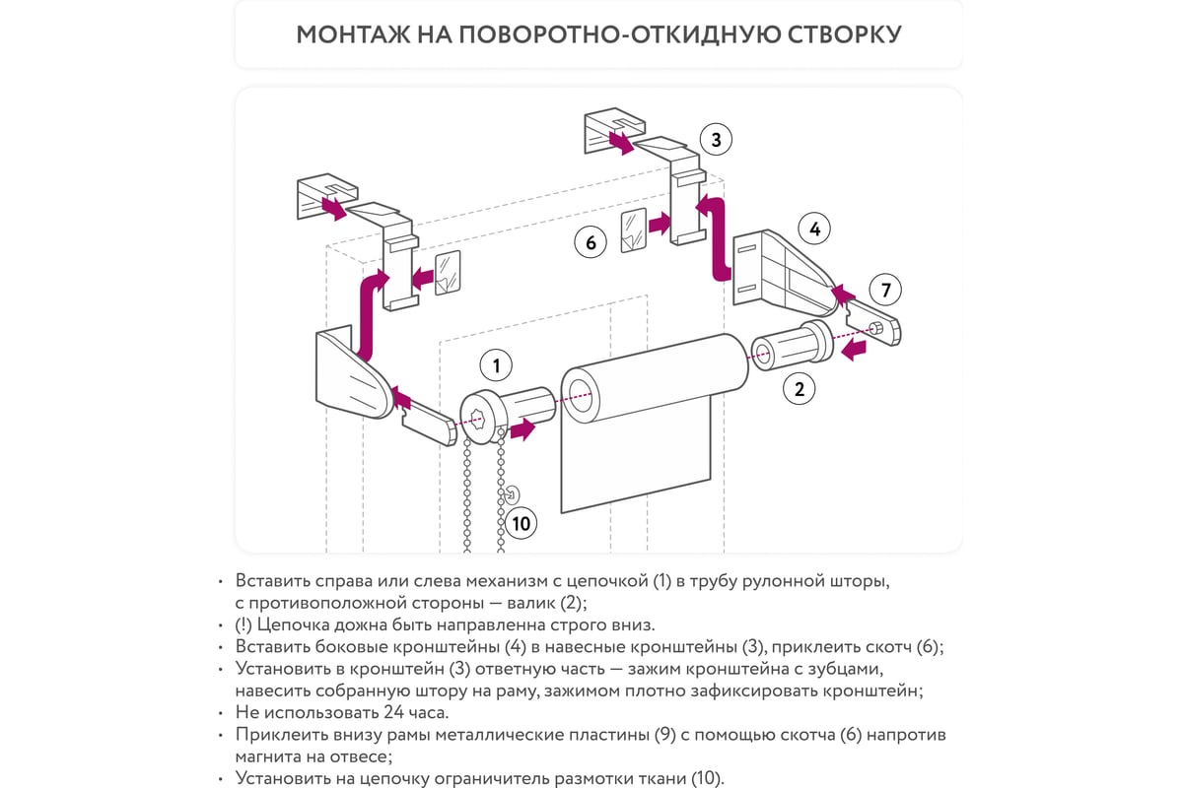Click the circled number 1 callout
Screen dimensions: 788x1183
pyautogui.click(x=496, y=366)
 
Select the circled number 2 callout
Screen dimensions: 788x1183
pyautogui.click(x=799, y=388)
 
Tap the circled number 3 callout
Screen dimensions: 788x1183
pyautogui.click(x=716, y=140)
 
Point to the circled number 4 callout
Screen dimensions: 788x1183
pyautogui.click(x=814, y=230)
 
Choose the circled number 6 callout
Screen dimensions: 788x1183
pyautogui.click(x=591, y=241)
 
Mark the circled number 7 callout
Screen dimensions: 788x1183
pyautogui.click(x=885, y=290)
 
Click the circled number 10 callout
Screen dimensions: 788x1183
pyautogui.click(x=522, y=523)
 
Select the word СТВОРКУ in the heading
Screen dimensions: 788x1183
pyautogui.click(x=845, y=34)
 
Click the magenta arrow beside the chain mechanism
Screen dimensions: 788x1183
pyautogui.click(x=523, y=428)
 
